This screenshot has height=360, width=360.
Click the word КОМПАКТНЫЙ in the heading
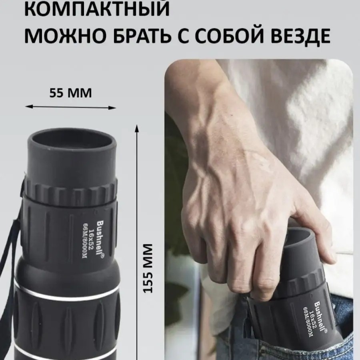coord(97,8)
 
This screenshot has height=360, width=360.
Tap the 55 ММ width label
coord(70,93)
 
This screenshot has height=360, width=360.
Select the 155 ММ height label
coord(148,268)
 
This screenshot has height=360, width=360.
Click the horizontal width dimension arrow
coord(70,107)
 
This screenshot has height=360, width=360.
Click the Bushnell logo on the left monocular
coord(100,239)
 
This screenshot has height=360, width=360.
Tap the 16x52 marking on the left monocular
coord(92,239)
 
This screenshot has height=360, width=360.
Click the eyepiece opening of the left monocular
coord(72,142)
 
